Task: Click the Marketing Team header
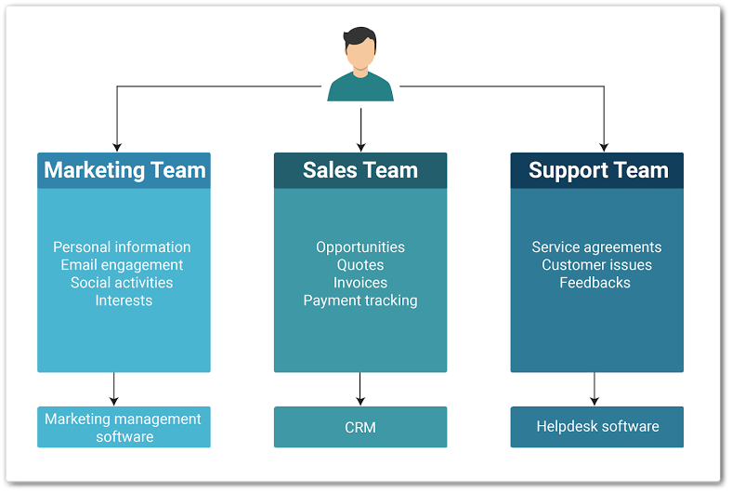(x=124, y=170)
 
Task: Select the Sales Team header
(x=360, y=170)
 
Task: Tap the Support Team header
(x=597, y=170)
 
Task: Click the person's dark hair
(x=360, y=39)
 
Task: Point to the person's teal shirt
(x=360, y=88)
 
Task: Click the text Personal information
(x=122, y=247)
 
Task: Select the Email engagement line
(x=122, y=265)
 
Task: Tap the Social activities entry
(x=122, y=283)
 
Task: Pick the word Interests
(x=124, y=300)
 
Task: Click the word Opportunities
(x=360, y=247)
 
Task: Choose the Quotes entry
(x=360, y=265)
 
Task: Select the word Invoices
(x=360, y=283)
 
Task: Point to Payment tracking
(x=360, y=300)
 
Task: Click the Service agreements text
(x=596, y=247)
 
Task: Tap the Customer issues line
(x=596, y=265)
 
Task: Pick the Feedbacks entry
(x=595, y=283)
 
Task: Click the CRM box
(x=360, y=427)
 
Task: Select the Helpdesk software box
(x=597, y=427)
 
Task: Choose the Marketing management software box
(x=124, y=427)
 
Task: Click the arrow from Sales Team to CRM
(x=360, y=389)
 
